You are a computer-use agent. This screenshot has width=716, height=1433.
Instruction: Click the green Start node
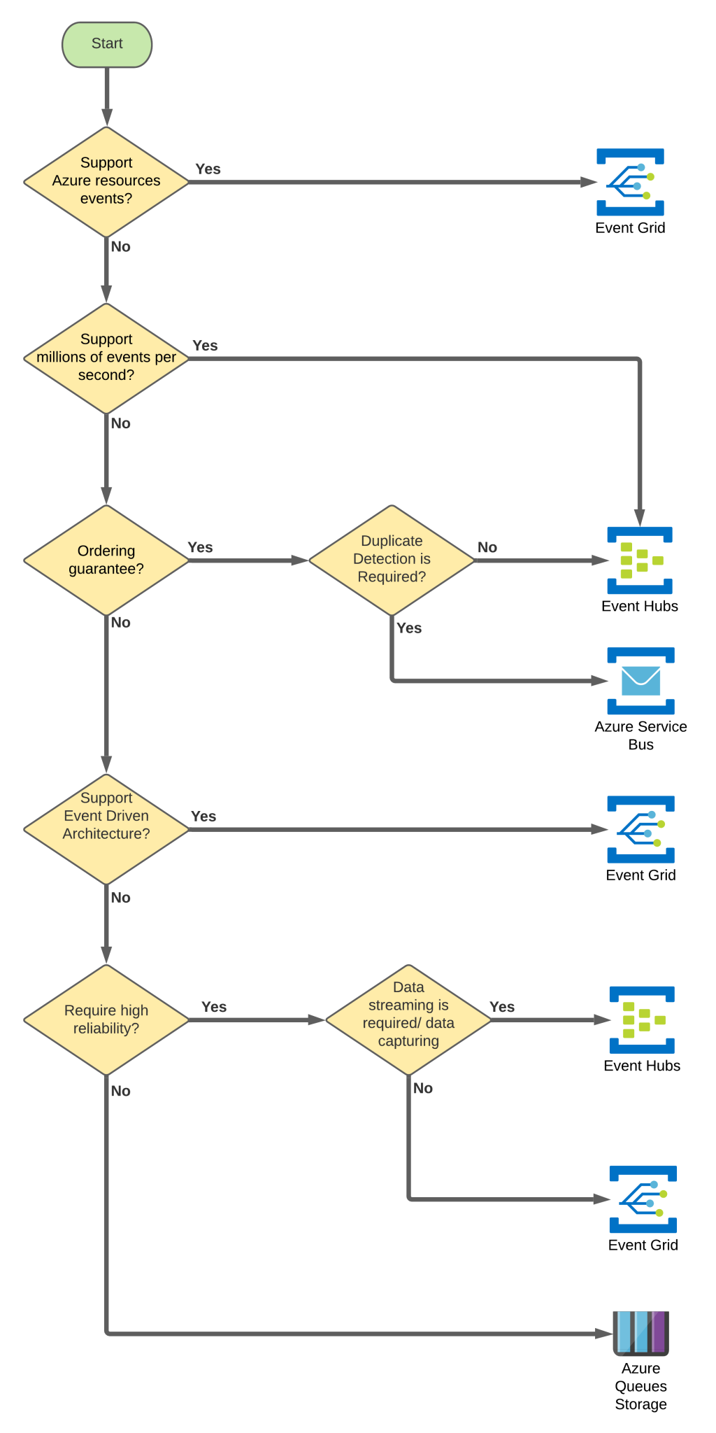click(107, 44)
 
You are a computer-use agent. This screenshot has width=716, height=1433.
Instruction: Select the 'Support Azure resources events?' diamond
click(106, 181)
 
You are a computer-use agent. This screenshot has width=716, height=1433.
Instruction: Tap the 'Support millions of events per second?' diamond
click(106, 358)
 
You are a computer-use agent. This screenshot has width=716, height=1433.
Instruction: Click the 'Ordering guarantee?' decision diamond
click(106, 560)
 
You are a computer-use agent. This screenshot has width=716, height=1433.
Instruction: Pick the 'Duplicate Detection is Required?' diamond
click(392, 560)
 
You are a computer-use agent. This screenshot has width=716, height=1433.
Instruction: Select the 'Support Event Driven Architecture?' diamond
click(106, 828)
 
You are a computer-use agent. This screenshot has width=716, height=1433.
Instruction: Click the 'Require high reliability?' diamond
click(106, 1019)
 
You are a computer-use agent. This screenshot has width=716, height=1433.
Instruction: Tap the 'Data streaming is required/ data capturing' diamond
click(408, 1019)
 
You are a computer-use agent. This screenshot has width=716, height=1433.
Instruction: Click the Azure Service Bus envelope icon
click(640, 680)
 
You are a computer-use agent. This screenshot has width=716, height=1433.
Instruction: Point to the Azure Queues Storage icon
click(640, 1333)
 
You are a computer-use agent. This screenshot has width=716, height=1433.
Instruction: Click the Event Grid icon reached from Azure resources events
click(630, 181)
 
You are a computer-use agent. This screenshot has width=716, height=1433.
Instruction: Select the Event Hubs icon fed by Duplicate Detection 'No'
click(640, 560)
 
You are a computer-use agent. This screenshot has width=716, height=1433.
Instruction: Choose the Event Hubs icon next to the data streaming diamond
click(642, 1019)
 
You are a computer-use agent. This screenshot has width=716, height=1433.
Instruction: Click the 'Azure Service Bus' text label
click(640, 735)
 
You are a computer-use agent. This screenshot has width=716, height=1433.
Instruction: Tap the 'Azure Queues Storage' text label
click(640, 1386)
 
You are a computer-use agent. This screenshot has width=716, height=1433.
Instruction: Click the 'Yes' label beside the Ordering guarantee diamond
click(200, 547)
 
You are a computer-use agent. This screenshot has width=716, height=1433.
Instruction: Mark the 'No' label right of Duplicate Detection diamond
click(487, 547)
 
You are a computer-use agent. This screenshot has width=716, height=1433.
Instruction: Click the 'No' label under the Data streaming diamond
click(423, 1088)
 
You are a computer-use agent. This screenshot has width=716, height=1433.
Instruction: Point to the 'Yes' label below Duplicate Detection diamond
click(409, 628)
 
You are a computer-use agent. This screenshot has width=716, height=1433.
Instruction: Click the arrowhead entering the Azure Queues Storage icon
click(605, 1334)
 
